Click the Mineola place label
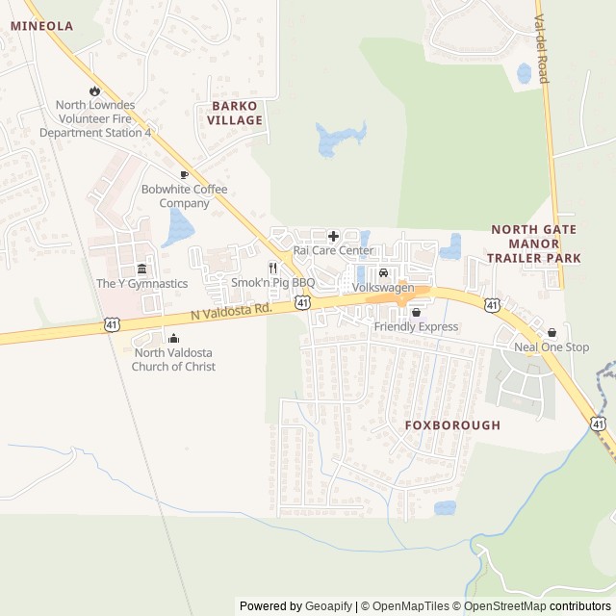pos(41,26)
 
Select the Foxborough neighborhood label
pos(453,424)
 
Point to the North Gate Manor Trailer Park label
pos(533,244)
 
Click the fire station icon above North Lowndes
pos(94,90)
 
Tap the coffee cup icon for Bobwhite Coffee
pos(184,174)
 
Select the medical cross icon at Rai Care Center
pos(333,236)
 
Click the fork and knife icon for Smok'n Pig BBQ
pos(273,268)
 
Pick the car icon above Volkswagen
pos(383,273)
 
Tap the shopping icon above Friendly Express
pos(416,313)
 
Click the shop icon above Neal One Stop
pos(552,332)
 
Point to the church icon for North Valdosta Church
pos(173,338)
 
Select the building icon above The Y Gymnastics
pos(141,269)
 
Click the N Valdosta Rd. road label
pos(231,310)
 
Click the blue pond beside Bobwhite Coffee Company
pos(178,227)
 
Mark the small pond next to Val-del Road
pos(525,73)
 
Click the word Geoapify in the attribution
pos(328,606)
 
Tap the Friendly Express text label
pos(416,327)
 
